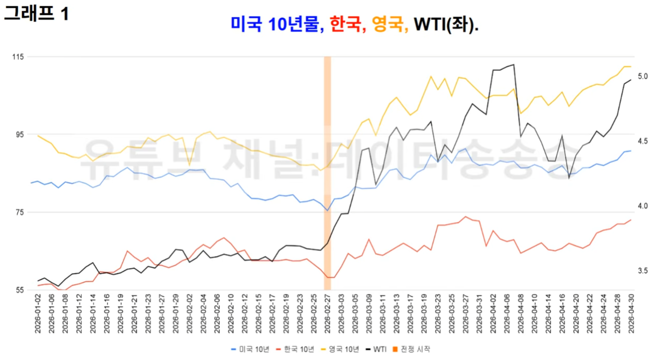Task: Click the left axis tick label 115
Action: click(18, 56)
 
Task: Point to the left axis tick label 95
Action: click(20, 135)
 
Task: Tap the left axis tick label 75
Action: click(20, 212)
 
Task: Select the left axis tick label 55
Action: click(20, 291)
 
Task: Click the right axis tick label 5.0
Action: click(643, 76)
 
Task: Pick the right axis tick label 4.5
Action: click(643, 141)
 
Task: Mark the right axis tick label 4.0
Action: click(643, 206)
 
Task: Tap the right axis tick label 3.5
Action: click(643, 271)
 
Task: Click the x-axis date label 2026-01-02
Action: click(38, 314)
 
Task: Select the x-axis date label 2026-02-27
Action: click(327, 314)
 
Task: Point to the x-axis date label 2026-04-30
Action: click(631, 314)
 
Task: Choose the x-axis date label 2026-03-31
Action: click(479, 314)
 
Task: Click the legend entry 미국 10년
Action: click(250, 349)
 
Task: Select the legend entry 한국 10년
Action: click(295, 349)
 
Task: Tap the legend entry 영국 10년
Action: click(340, 349)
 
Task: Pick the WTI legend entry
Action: click(376, 349)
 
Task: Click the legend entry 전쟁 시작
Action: click(411, 349)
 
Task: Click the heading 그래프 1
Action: click(36, 13)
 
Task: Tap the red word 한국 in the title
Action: click(345, 24)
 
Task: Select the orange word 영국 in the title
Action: click(388, 24)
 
